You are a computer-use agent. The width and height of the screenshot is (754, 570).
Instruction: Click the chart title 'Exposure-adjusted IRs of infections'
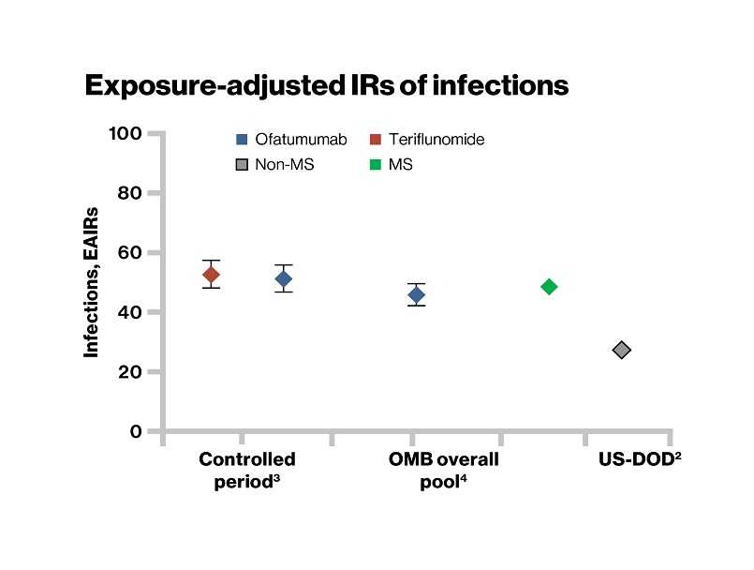click(326, 85)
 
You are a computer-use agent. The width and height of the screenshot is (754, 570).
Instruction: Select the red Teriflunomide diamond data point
click(212, 275)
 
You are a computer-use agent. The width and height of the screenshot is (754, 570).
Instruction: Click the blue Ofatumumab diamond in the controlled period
click(284, 278)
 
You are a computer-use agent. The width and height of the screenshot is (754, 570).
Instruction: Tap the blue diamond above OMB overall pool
click(416, 295)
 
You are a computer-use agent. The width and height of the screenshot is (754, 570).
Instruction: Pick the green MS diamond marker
click(549, 287)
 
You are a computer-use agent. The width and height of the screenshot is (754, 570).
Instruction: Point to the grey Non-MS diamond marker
click(621, 350)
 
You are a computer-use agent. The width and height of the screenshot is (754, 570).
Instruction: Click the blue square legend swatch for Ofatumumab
click(241, 141)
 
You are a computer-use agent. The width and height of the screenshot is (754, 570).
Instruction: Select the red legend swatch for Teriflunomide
click(374, 141)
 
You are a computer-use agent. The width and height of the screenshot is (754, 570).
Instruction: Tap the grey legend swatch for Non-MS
click(241, 164)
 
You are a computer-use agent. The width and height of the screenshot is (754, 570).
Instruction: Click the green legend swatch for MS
click(374, 164)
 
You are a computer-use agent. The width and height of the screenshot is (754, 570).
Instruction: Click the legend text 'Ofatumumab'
click(301, 141)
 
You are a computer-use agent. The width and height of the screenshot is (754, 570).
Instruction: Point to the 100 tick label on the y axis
click(125, 133)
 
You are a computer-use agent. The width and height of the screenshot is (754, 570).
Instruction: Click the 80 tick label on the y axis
click(129, 193)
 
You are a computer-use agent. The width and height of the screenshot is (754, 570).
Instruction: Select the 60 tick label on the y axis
click(129, 253)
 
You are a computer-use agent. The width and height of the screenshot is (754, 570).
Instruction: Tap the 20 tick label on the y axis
click(129, 372)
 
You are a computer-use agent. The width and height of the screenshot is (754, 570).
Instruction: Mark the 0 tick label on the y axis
click(135, 432)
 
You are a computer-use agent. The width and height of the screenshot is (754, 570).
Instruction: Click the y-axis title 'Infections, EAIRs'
click(92, 282)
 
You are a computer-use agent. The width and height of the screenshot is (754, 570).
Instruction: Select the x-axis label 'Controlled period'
click(247, 470)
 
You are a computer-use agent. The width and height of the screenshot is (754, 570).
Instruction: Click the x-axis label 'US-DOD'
click(639, 460)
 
